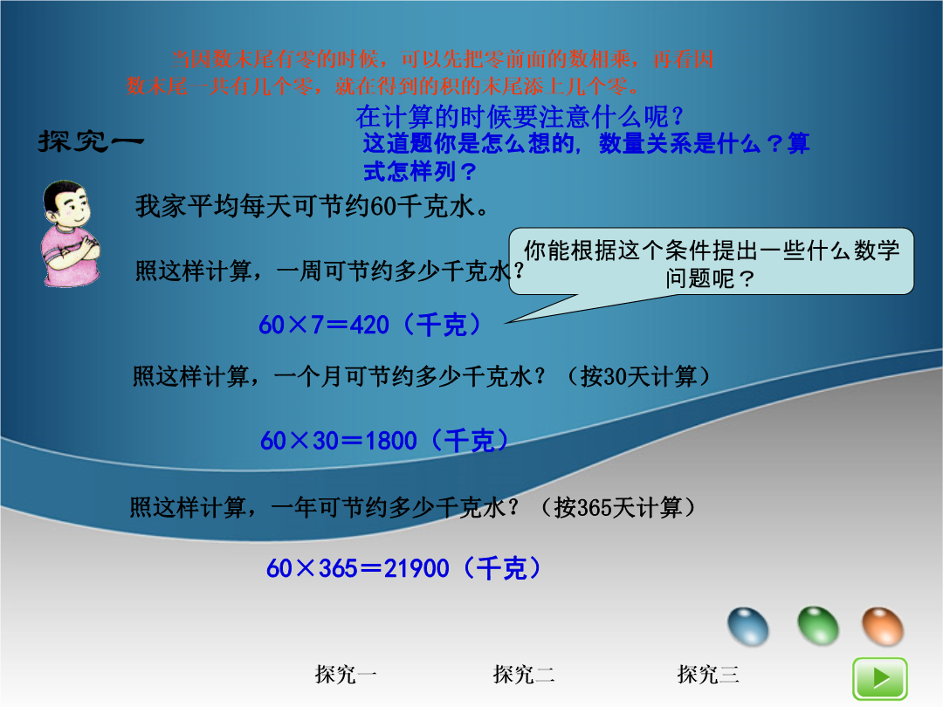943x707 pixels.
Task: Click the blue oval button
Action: [747, 627]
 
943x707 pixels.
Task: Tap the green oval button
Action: [818, 626]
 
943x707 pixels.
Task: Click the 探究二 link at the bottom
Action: [524, 674]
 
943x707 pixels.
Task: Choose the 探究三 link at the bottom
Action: [708, 674]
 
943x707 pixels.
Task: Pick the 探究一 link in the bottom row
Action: [346, 674]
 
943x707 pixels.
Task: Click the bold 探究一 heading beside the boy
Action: [91, 141]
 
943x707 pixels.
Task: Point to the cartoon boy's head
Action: [66, 203]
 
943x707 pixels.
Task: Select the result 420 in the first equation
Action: [369, 326]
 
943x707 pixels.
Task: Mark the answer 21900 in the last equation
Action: [416, 568]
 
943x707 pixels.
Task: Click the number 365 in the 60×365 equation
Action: [338, 568]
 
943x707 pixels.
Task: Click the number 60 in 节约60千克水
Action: [382, 207]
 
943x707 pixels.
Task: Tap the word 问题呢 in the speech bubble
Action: [700, 278]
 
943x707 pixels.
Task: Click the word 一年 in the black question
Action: [294, 508]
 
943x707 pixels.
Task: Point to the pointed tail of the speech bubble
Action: [506, 323]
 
